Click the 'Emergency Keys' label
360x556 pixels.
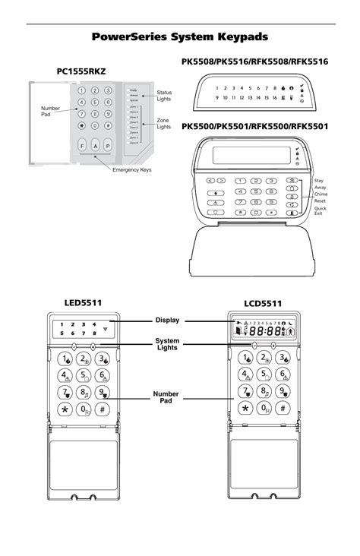(x=132, y=169)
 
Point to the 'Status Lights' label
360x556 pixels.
(x=164, y=95)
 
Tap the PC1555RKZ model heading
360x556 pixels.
(x=81, y=71)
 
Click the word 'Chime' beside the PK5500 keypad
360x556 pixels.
(x=321, y=194)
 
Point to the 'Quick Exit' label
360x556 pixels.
(x=321, y=212)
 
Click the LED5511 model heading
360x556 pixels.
(x=83, y=304)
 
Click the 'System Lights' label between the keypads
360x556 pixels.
(x=166, y=345)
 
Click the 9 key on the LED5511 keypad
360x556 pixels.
(x=103, y=392)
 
